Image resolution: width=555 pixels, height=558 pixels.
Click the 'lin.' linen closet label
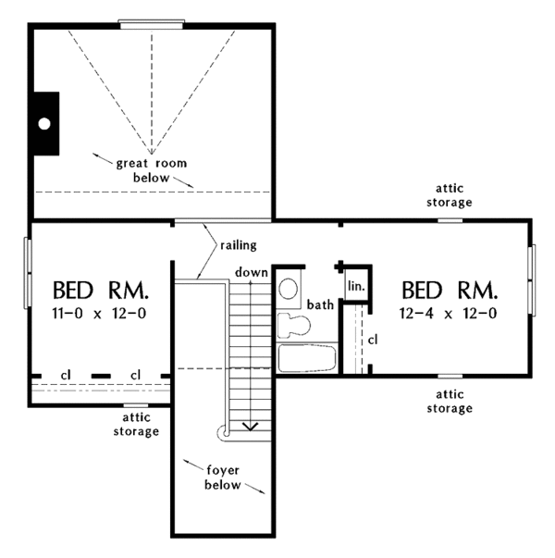coord(356,286)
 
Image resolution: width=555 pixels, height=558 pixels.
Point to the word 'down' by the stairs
coord(251,272)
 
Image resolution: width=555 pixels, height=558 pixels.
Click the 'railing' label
coord(239,245)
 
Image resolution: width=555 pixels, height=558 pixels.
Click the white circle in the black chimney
coord(44,122)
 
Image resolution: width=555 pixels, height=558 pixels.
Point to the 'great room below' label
coord(151,170)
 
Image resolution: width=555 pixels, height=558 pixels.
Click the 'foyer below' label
coord(223,477)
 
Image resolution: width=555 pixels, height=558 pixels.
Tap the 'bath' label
coord(321,304)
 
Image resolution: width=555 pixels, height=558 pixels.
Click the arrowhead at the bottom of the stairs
coord(249,425)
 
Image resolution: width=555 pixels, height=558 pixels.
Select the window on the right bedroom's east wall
coord(532,279)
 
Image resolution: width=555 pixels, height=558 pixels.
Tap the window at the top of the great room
coord(152,25)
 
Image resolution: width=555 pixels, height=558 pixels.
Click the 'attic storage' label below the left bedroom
coord(135,425)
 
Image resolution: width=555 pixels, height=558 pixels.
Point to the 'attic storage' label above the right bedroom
coord(450,195)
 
